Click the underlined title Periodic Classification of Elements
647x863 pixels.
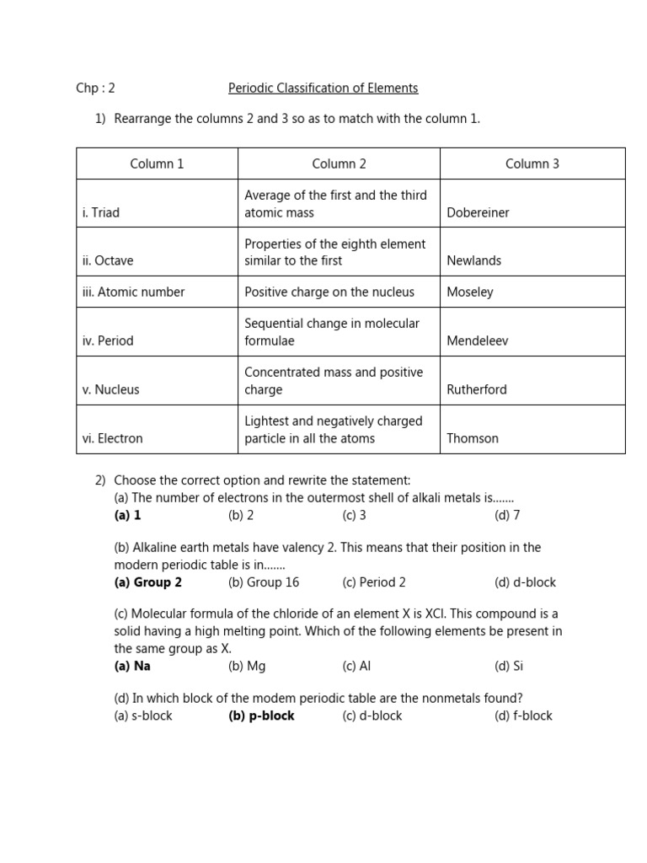pyautogui.click(x=323, y=88)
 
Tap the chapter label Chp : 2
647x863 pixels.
pyautogui.click(x=95, y=88)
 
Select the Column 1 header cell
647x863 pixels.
pyautogui.click(x=157, y=164)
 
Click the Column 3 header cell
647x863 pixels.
pyautogui.click(x=532, y=164)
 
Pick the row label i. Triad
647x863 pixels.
pyautogui.click(x=101, y=213)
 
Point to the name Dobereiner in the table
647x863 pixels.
pyautogui.click(x=478, y=213)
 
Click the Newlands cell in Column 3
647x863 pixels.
pyautogui.click(x=473, y=261)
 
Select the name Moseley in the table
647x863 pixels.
pyautogui.click(x=470, y=292)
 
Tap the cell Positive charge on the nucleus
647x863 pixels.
pyautogui.click(x=329, y=292)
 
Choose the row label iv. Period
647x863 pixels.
pyautogui.click(x=108, y=341)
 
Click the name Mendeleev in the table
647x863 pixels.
pyautogui.click(x=478, y=341)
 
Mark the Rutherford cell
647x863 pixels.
pyautogui.click(x=477, y=390)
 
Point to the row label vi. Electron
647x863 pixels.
pyautogui.click(x=113, y=439)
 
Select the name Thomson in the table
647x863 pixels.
pyautogui.click(x=473, y=439)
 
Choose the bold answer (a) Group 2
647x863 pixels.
pyautogui.click(x=148, y=582)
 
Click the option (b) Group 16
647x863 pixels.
pyautogui.click(x=264, y=582)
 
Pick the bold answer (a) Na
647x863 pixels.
pyautogui.click(x=132, y=666)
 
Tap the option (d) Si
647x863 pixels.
pyautogui.click(x=509, y=666)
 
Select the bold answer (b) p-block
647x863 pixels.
pyautogui.click(x=261, y=716)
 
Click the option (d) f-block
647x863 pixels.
pyautogui.click(x=523, y=716)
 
